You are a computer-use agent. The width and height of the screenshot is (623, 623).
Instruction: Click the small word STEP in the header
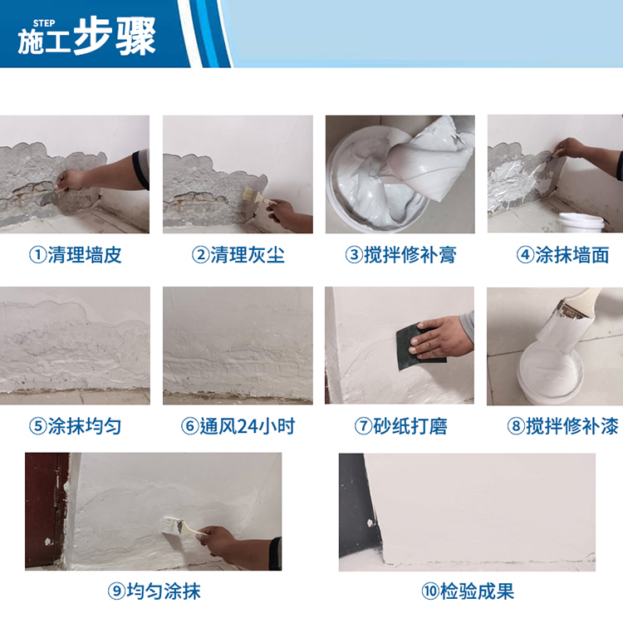(x=44, y=23)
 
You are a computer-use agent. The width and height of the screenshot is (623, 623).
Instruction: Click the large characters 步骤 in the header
(x=115, y=37)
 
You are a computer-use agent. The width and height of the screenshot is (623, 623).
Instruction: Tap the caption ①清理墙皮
(x=75, y=255)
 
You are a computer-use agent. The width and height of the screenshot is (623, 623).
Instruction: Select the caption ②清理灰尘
(x=238, y=255)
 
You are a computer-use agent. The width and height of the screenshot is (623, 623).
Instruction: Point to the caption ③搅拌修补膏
(x=400, y=255)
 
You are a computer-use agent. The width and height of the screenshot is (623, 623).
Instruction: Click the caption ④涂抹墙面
(x=562, y=255)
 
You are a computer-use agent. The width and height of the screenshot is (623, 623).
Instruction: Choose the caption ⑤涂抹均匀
(x=75, y=426)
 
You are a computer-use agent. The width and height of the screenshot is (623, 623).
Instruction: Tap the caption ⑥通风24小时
(x=238, y=426)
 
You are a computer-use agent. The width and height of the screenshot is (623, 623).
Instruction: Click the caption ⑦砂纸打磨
(x=400, y=426)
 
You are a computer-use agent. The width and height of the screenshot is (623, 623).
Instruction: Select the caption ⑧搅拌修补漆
(x=562, y=426)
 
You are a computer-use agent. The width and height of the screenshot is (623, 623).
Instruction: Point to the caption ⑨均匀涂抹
(x=155, y=591)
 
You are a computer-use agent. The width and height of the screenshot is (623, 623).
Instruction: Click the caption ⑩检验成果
(x=468, y=591)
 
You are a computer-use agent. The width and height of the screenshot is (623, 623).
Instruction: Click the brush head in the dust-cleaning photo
(x=249, y=194)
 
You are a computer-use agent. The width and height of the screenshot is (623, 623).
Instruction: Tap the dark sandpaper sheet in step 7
(x=417, y=346)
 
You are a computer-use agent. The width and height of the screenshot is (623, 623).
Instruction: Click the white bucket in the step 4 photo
(x=581, y=222)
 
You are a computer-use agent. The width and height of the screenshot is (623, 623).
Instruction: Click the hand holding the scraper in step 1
(x=70, y=180)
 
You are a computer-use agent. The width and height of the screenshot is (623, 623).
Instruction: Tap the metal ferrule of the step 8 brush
(x=570, y=309)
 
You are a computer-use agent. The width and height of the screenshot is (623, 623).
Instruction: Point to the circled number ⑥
(x=190, y=426)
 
